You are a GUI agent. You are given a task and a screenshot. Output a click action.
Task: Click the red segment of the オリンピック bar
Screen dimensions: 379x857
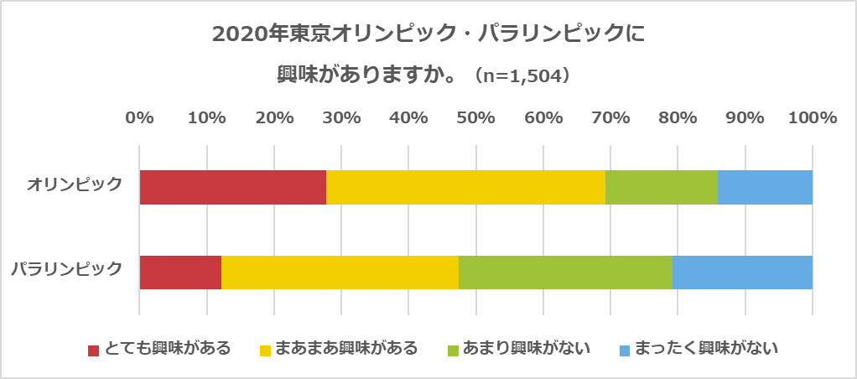coord(232,187)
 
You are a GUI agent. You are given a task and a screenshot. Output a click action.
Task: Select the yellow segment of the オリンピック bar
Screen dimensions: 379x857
coord(465,187)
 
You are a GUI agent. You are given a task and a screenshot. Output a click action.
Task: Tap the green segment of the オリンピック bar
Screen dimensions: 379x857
coord(661,187)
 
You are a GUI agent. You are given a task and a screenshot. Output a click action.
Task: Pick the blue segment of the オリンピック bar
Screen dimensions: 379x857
coord(765,187)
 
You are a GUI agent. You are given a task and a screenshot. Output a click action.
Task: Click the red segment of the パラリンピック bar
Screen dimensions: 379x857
coord(180,272)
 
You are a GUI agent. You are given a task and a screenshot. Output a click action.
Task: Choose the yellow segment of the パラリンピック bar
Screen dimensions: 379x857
coord(340,272)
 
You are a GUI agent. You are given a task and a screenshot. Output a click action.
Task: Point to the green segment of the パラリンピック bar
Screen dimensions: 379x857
coord(565,272)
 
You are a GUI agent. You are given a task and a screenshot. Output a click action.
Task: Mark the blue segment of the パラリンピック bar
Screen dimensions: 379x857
coord(742,272)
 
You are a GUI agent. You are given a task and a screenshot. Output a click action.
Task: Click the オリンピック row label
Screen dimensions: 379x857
coord(75,184)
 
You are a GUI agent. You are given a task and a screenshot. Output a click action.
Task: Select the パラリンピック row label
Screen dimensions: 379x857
coord(67,269)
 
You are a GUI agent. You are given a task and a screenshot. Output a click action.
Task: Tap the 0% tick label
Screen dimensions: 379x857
coord(139,118)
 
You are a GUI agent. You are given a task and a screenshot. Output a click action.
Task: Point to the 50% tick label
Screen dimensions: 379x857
coord(475,118)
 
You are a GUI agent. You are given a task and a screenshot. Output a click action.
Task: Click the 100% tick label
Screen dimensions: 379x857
coord(811,118)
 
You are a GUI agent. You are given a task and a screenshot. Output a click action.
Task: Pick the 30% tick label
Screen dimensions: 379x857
coord(341,118)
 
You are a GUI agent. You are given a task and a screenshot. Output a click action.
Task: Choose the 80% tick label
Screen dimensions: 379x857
coord(678,118)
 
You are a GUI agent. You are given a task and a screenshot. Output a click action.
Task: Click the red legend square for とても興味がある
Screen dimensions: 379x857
coord(94,349)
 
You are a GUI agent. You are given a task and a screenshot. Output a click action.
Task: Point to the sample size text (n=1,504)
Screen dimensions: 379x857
coord(523,76)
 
